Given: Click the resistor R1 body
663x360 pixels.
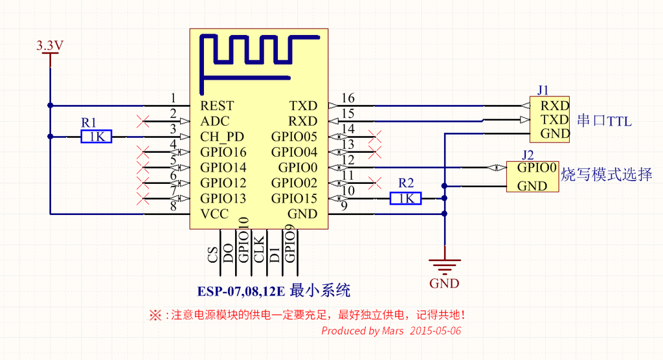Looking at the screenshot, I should pyautogui.click(x=96, y=136).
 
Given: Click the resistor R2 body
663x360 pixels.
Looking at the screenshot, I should pyautogui.click(x=406, y=198).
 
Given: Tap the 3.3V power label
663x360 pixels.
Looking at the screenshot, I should pyautogui.click(x=49, y=46).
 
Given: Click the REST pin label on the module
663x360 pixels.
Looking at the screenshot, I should pyautogui.click(x=217, y=106).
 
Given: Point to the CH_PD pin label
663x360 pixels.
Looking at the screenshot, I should pyautogui.click(x=222, y=137).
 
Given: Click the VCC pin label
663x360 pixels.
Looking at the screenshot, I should pyautogui.click(x=214, y=214).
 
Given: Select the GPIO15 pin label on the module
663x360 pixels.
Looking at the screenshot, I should pyautogui.click(x=294, y=198).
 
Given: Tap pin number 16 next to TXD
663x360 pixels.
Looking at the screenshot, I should pyautogui.click(x=348, y=98).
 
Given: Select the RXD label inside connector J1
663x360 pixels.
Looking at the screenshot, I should pyautogui.click(x=555, y=106).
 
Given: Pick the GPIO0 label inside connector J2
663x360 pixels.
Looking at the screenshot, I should pyautogui.click(x=537, y=168).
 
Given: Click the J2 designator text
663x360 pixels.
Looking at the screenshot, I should pyautogui.click(x=528, y=154).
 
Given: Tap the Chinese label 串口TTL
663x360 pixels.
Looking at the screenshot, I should pyautogui.click(x=604, y=121).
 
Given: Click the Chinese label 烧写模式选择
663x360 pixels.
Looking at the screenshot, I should pyautogui.click(x=606, y=175).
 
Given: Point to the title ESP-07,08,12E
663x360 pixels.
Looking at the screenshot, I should pyautogui.click(x=242, y=291).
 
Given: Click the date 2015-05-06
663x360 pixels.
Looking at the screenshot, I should pyautogui.click(x=435, y=331).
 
